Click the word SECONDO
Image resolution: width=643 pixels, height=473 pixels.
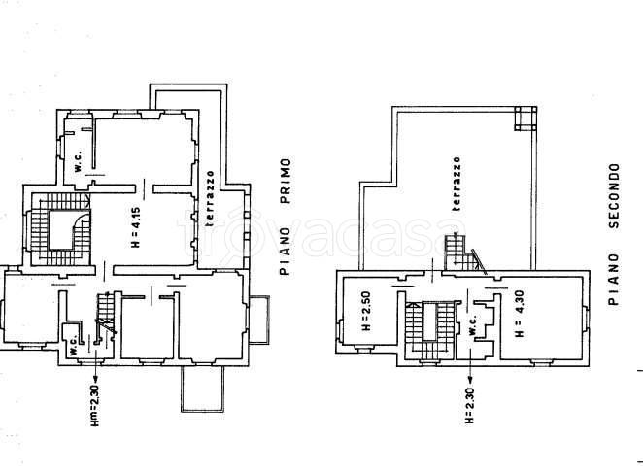(x=614, y=195)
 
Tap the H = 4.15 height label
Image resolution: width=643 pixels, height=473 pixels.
(x=136, y=227)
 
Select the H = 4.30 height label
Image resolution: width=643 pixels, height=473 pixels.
(x=519, y=314)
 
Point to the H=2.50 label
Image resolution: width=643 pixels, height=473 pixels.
(x=366, y=311)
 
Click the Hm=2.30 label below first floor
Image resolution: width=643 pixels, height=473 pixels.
(x=95, y=405)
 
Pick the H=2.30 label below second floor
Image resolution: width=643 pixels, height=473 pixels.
(x=469, y=405)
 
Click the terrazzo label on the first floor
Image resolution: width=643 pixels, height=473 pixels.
(x=210, y=198)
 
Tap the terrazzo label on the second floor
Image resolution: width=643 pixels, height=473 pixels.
(x=457, y=184)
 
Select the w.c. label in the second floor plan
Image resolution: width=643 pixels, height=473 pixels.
(x=472, y=325)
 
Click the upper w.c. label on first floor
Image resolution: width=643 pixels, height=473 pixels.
(x=78, y=161)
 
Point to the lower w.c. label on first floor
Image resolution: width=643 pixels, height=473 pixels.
(x=73, y=345)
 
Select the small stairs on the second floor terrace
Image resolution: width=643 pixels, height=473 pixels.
(x=464, y=253)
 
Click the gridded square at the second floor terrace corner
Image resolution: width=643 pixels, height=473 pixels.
(x=525, y=118)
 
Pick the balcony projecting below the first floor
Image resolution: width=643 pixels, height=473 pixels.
(x=203, y=389)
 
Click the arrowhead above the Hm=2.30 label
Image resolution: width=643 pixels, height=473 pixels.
(x=95, y=378)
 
